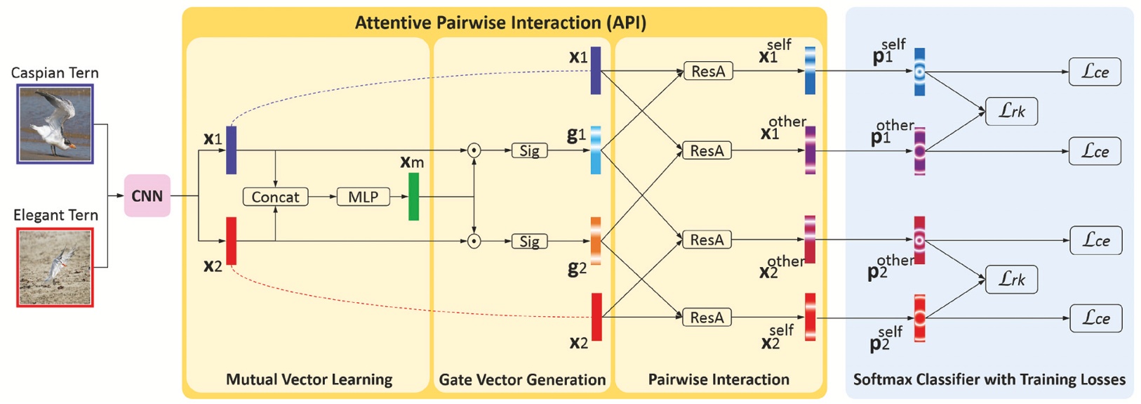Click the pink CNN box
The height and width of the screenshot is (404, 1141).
coord(147,196)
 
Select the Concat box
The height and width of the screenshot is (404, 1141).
coord(275,197)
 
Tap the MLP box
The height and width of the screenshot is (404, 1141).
coord(363,197)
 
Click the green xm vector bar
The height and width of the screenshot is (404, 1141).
coord(413,197)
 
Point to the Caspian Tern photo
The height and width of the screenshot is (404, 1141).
coord(55,124)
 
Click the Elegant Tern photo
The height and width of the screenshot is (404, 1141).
coord(55,267)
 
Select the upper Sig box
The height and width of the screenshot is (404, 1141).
coord(529,151)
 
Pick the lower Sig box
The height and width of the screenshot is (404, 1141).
coord(529,242)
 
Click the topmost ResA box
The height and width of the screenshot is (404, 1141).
coord(707,72)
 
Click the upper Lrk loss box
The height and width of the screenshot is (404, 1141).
coord(1011,112)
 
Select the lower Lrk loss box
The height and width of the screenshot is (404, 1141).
coord(1011,280)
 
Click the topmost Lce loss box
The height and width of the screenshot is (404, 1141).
coord(1095,72)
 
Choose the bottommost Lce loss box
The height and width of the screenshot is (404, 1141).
coord(1095,318)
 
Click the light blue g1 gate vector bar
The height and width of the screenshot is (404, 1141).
coord(596,150)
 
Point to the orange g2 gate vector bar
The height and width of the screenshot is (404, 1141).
coord(596,241)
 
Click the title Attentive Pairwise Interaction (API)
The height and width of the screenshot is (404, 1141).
coord(500,22)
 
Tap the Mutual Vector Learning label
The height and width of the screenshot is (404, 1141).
coord(309,380)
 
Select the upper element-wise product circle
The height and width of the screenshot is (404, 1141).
coord(474,150)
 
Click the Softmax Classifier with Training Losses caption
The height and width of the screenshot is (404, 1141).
coord(989,380)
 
